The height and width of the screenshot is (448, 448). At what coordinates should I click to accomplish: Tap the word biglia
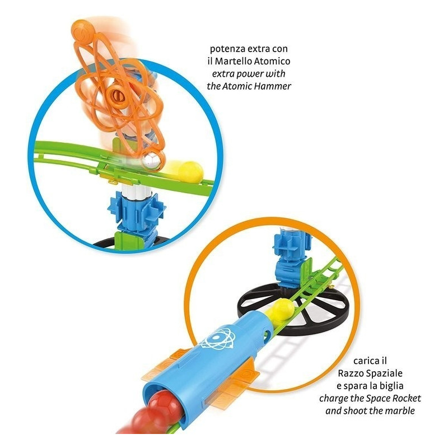pyautogui.click(x=391, y=386)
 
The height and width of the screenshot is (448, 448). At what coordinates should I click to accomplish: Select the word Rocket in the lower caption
pyautogui.click(x=407, y=398)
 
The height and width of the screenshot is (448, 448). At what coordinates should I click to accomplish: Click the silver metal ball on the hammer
pyautogui.click(x=151, y=160)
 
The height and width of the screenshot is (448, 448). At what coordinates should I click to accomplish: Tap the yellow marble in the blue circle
pyautogui.click(x=189, y=172)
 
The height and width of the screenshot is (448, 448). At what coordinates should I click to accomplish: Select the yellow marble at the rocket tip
pyautogui.click(x=281, y=311)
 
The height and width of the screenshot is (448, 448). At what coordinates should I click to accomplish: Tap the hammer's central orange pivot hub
pyautogui.click(x=118, y=95)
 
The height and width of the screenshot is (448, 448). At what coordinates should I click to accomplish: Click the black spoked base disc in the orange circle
pyautogui.click(x=293, y=307)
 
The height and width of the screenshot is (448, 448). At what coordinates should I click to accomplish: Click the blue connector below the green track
pyautogui.click(x=137, y=212)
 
